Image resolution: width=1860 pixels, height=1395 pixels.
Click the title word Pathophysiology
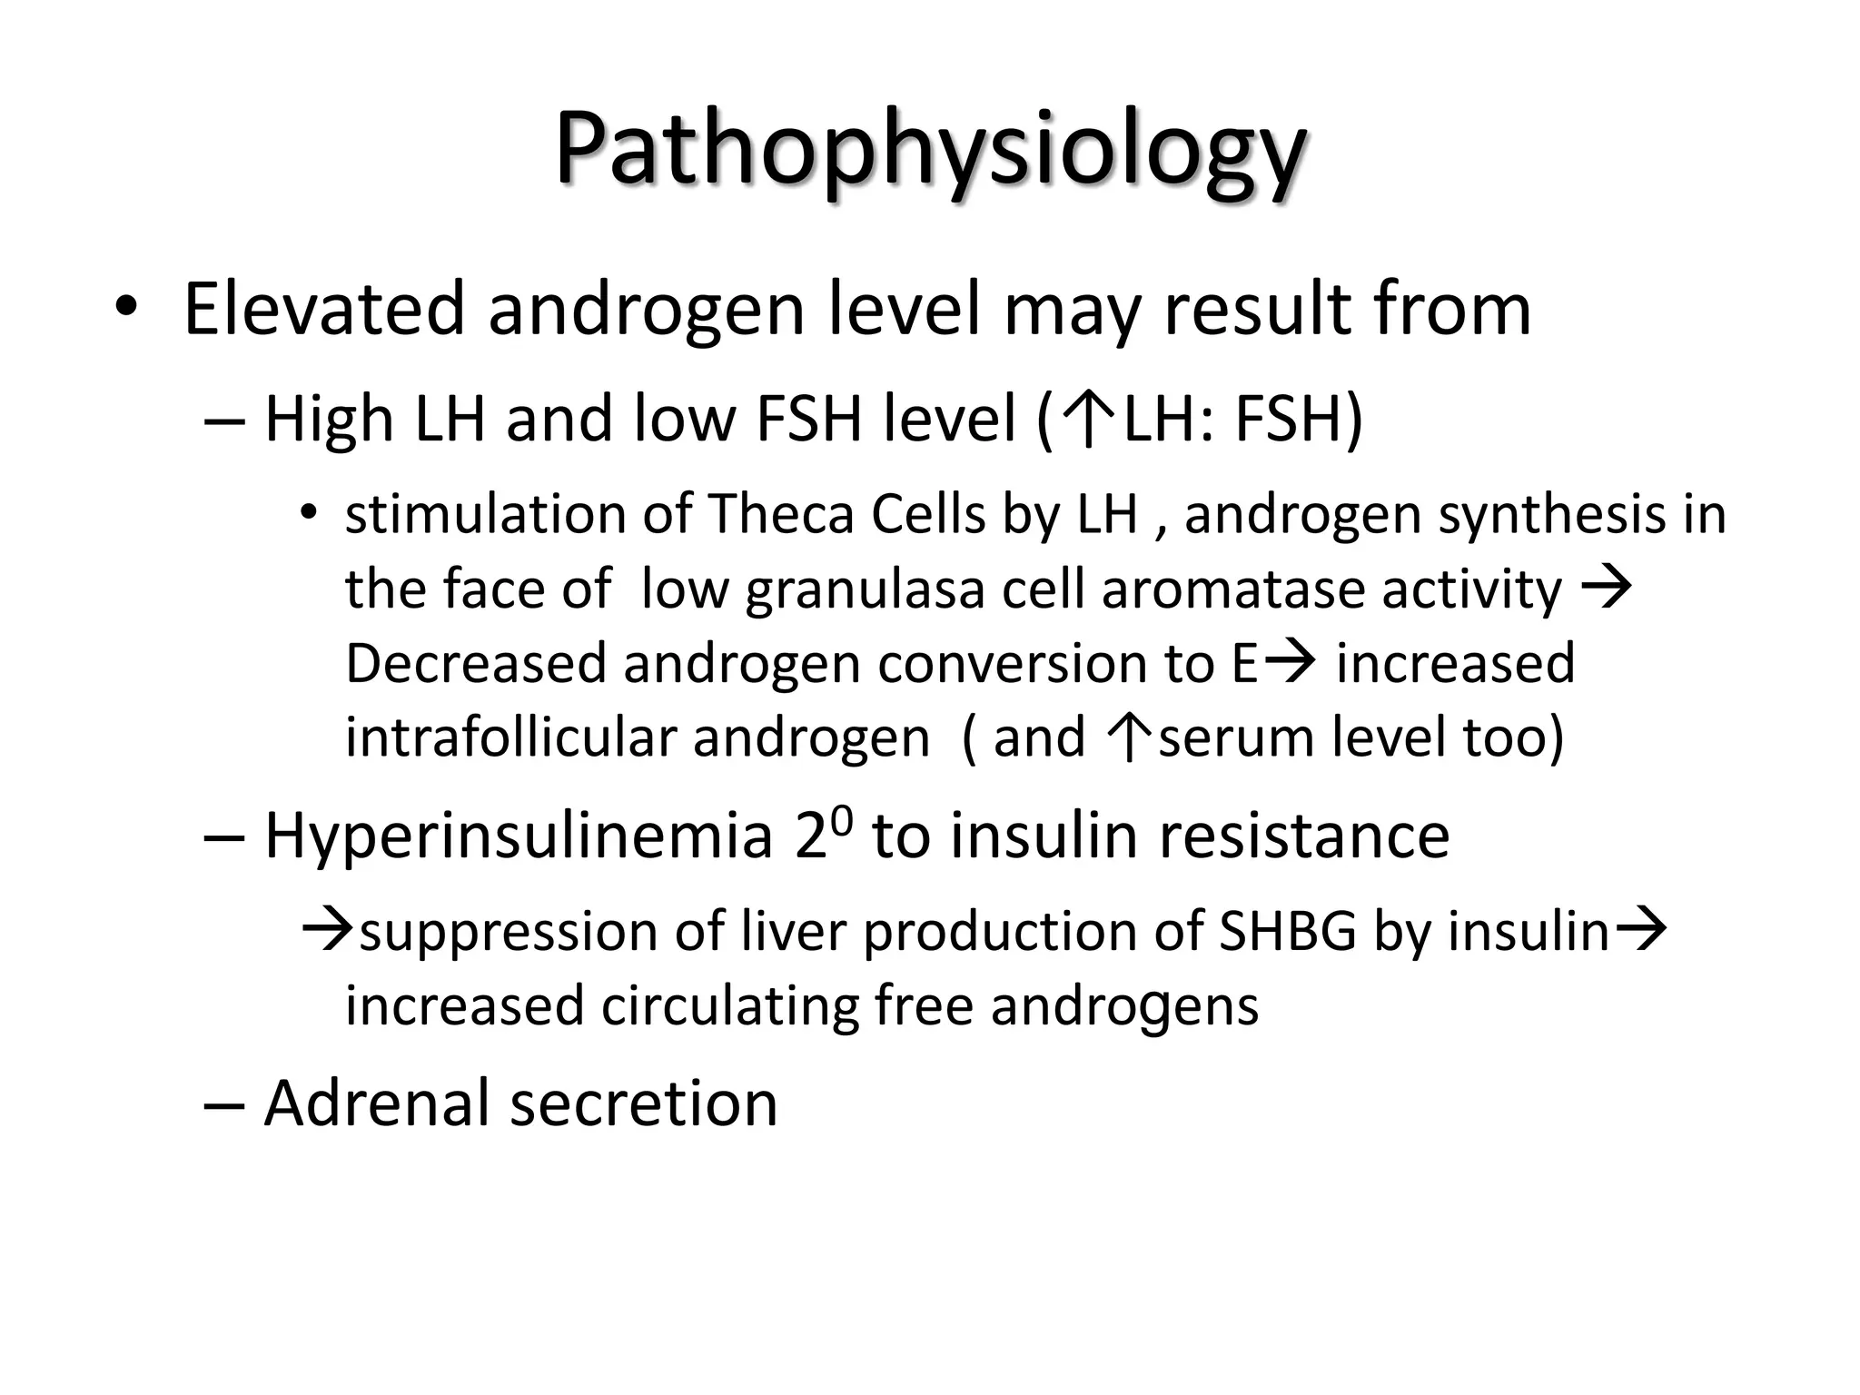click(930, 150)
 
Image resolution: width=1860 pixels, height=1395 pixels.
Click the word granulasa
click(866, 589)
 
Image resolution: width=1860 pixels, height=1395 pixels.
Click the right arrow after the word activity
click(1607, 588)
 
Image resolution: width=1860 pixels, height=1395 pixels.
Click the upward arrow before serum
click(1131, 737)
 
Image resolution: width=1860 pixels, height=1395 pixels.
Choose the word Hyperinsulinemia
click(519, 836)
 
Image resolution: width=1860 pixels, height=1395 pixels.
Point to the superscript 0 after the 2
click(842, 819)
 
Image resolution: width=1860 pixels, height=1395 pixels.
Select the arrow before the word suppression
click(327, 931)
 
